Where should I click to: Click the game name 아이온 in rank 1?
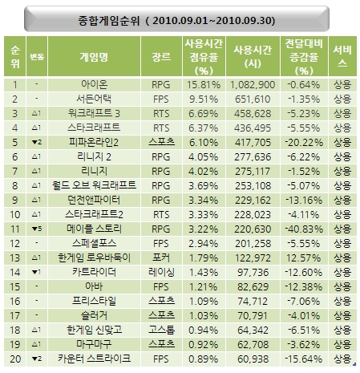pyautogui.click(x=94, y=84)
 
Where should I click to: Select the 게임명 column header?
pyautogui.click(x=94, y=57)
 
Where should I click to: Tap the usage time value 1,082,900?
pyautogui.click(x=253, y=85)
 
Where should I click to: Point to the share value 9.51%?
pyautogui.click(x=204, y=99)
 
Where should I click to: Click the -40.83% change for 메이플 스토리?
pyautogui.click(x=304, y=229)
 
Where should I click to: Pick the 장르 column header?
pyautogui.click(x=161, y=57)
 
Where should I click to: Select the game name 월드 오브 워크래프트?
pyautogui.click(x=94, y=185)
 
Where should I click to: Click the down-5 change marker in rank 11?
pyautogui.click(x=37, y=229)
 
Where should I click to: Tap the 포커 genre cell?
pyautogui.click(x=161, y=257)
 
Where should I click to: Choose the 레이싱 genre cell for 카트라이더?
pyautogui.click(x=161, y=272)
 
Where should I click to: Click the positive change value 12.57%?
pyautogui.click(x=303, y=258)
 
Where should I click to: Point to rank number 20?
pyautogui.click(x=15, y=359)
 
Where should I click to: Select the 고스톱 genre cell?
pyautogui.click(x=161, y=330)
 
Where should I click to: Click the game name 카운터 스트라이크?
pyautogui.click(x=94, y=359)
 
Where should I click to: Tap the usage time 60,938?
pyautogui.click(x=253, y=359)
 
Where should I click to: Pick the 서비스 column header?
pyautogui.click(x=342, y=56)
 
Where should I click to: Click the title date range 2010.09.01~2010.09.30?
pyautogui.click(x=213, y=21)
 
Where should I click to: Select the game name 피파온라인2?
pyautogui.click(x=94, y=142)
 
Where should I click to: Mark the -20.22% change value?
pyautogui.click(x=304, y=143)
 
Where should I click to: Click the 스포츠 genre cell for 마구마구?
pyautogui.click(x=161, y=344)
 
